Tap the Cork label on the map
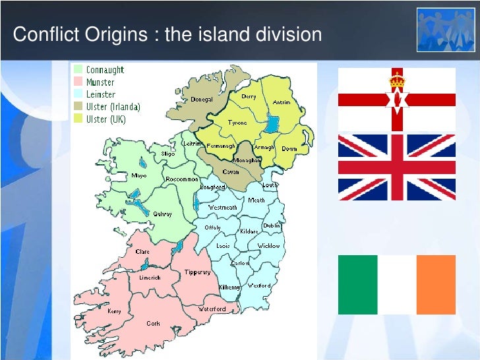(x=154, y=324)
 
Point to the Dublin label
(x=272, y=225)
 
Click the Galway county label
(x=162, y=214)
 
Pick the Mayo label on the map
(x=138, y=176)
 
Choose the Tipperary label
(x=197, y=272)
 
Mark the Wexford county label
(x=259, y=286)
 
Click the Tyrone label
(x=237, y=123)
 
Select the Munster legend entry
(x=100, y=82)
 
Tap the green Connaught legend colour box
(x=78, y=69)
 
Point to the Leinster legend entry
(x=101, y=94)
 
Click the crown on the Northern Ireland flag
(x=396, y=80)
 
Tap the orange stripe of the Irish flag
(x=436, y=284)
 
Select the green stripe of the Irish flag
(x=357, y=284)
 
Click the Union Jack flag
(x=396, y=167)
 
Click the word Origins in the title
(x=120, y=34)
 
